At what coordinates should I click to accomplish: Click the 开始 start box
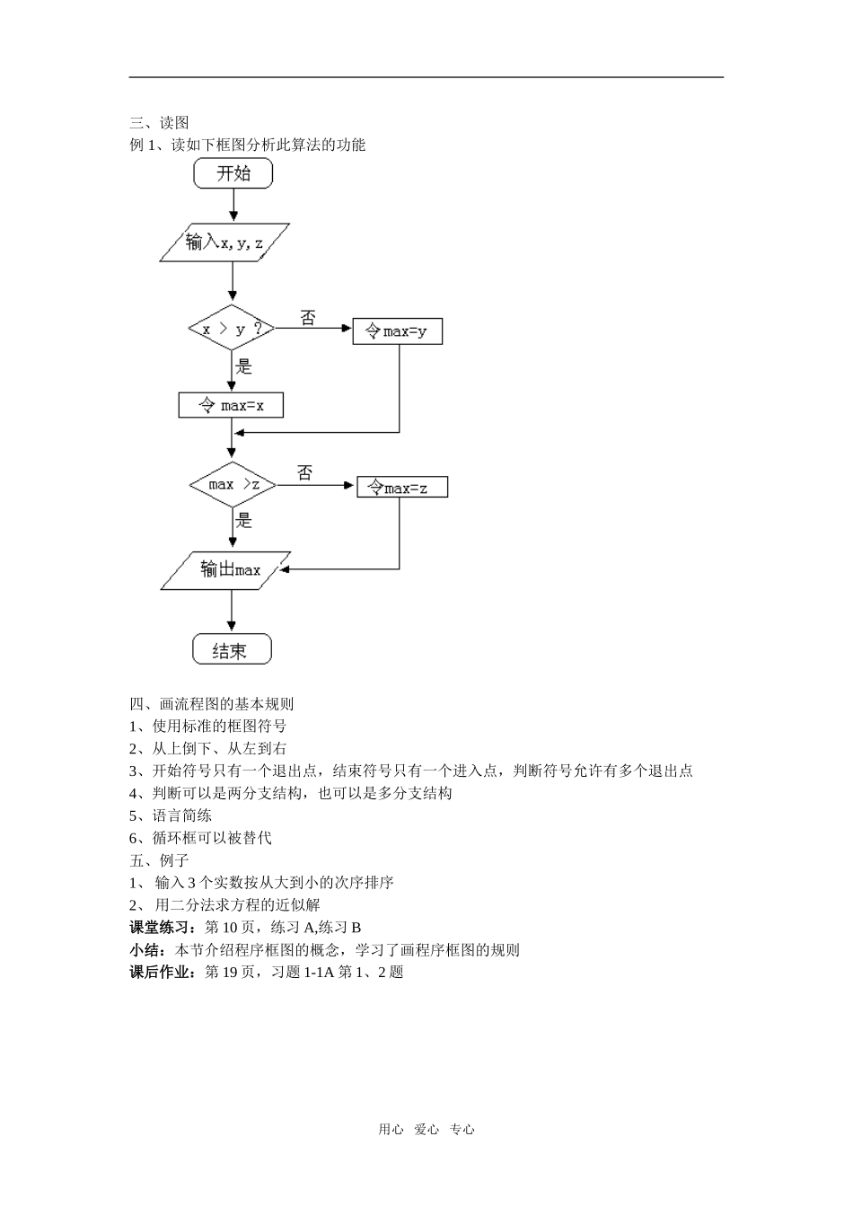[233, 173]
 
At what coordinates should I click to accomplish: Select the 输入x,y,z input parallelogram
[224, 242]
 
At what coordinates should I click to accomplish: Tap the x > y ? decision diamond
[232, 329]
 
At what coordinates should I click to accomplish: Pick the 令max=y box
[397, 331]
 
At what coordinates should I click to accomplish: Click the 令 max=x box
[231, 405]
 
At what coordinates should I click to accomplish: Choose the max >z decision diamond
[233, 485]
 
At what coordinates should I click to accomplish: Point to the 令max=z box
[402, 488]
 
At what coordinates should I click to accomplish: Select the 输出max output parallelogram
[226, 569]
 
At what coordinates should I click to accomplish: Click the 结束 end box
[232, 649]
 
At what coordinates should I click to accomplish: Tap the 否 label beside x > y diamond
[308, 318]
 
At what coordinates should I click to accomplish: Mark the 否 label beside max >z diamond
[305, 473]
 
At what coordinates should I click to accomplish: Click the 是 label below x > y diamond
[243, 366]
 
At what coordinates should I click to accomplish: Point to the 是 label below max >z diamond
[243, 521]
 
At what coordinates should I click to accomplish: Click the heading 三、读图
[159, 122]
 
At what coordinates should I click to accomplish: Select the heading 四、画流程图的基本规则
[212, 704]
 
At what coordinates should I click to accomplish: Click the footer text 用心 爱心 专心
[426, 1130]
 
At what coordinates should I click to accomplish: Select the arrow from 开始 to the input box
[233, 205]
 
